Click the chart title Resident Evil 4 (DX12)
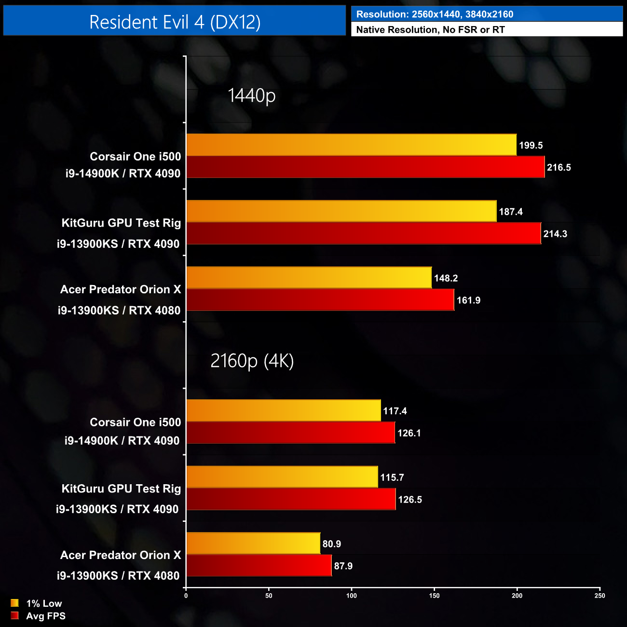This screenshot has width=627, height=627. (x=175, y=22)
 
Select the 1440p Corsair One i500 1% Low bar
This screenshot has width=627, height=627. (x=351, y=145)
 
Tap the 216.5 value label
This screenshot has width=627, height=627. (x=559, y=167)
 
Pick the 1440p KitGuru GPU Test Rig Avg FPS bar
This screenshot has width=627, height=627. (x=364, y=233)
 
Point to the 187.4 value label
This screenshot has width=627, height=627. (x=510, y=212)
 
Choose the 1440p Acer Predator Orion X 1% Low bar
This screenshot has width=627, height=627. (x=309, y=278)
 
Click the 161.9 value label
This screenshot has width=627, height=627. (x=468, y=300)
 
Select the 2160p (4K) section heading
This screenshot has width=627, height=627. (x=252, y=361)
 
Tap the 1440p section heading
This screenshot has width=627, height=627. (x=251, y=95)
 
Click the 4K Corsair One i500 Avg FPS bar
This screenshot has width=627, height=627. (x=290, y=433)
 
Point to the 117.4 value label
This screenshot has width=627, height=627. (x=395, y=411)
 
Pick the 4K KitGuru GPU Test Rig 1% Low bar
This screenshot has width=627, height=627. (x=282, y=477)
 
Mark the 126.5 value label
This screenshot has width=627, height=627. (x=409, y=500)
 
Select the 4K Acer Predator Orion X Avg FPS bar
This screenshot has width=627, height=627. (x=259, y=566)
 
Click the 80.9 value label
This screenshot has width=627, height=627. (x=331, y=544)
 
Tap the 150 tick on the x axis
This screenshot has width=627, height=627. (x=434, y=596)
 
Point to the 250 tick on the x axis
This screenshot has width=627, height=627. (x=600, y=596)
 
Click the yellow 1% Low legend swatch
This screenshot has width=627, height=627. (x=14, y=603)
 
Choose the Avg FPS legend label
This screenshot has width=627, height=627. (x=46, y=616)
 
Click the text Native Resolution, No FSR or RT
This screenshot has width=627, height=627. (x=430, y=29)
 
